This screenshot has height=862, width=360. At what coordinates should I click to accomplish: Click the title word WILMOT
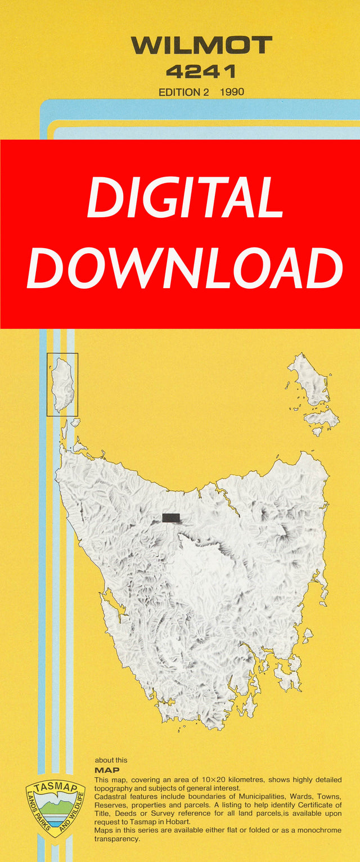tap(201, 45)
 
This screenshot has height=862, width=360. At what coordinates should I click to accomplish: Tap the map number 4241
tap(201, 71)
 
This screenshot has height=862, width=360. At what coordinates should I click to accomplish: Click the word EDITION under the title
tap(179, 92)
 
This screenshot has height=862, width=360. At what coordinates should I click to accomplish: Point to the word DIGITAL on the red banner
tap(185, 199)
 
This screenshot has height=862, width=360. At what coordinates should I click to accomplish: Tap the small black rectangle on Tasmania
tap(171, 518)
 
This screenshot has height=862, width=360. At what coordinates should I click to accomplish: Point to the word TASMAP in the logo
tap(55, 788)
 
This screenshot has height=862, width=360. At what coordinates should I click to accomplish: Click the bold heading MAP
tap(107, 770)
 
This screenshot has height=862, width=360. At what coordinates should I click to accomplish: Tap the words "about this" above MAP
tap(111, 760)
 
